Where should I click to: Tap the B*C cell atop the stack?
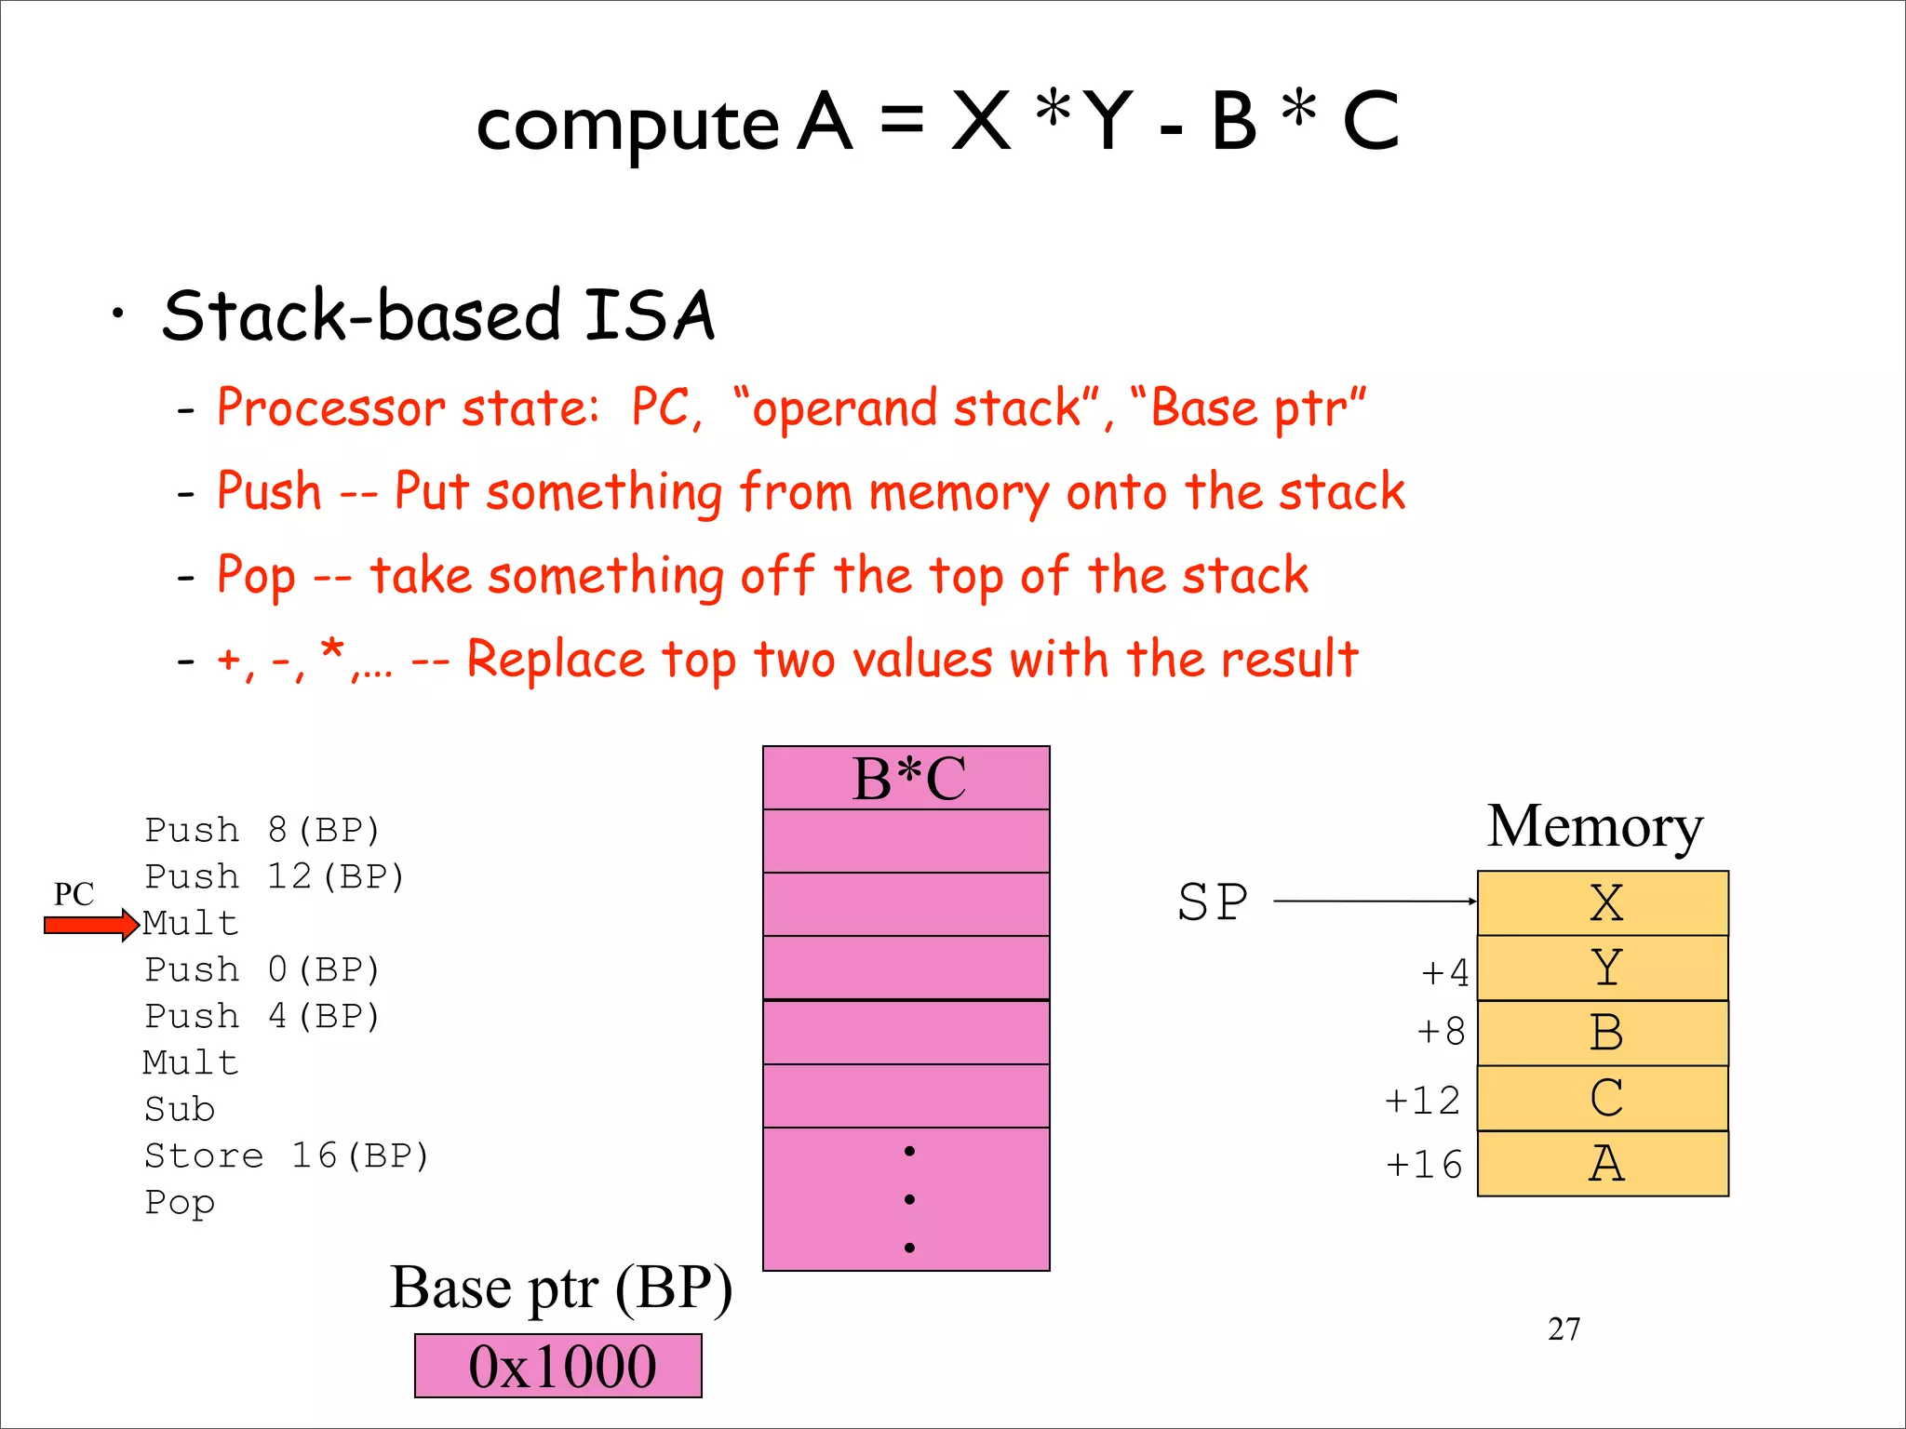point(906,778)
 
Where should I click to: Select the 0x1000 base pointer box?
point(558,1366)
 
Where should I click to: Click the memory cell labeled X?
point(1603,903)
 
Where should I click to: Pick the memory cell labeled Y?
point(1603,968)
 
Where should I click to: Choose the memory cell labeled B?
point(1603,1034)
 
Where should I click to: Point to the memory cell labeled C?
point(1603,1099)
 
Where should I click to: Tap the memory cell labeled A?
point(1603,1164)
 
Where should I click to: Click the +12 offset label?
point(1422,1101)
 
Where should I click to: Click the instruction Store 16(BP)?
point(287,1155)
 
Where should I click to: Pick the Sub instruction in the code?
point(180,1109)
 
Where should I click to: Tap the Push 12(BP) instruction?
point(275,876)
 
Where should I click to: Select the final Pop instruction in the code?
point(180,1203)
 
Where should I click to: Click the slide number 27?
point(1564,1329)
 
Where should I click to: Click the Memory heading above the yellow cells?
point(1594,826)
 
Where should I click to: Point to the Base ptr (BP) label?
point(560,1289)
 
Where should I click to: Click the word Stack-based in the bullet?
point(361,315)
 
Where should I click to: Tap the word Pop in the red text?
point(256,576)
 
